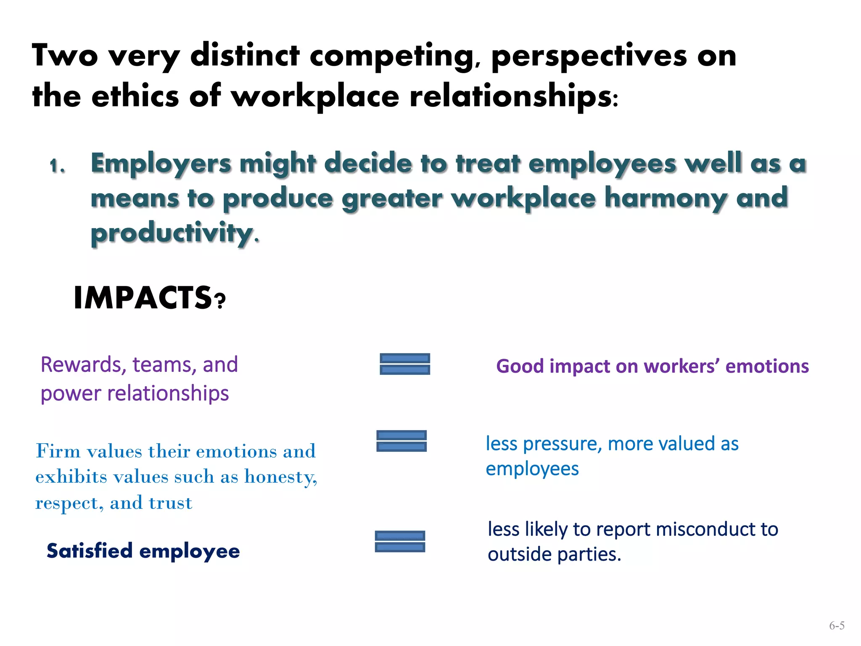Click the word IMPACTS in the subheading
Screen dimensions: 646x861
pos(143,298)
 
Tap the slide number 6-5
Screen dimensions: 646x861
pos(837,626)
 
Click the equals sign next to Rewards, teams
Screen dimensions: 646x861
pos(405,364)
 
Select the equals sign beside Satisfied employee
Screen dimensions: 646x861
pos(400,541)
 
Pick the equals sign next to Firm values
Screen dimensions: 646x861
pos(401,441)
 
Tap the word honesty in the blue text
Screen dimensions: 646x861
pos(280,477)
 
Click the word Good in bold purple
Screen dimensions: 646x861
pos(520,366)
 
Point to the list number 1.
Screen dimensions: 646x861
pos(57,166)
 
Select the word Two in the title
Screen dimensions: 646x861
pos(65,56)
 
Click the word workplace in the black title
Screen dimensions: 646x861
pos(315,96)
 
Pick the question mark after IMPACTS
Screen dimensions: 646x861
pos(220,301)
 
